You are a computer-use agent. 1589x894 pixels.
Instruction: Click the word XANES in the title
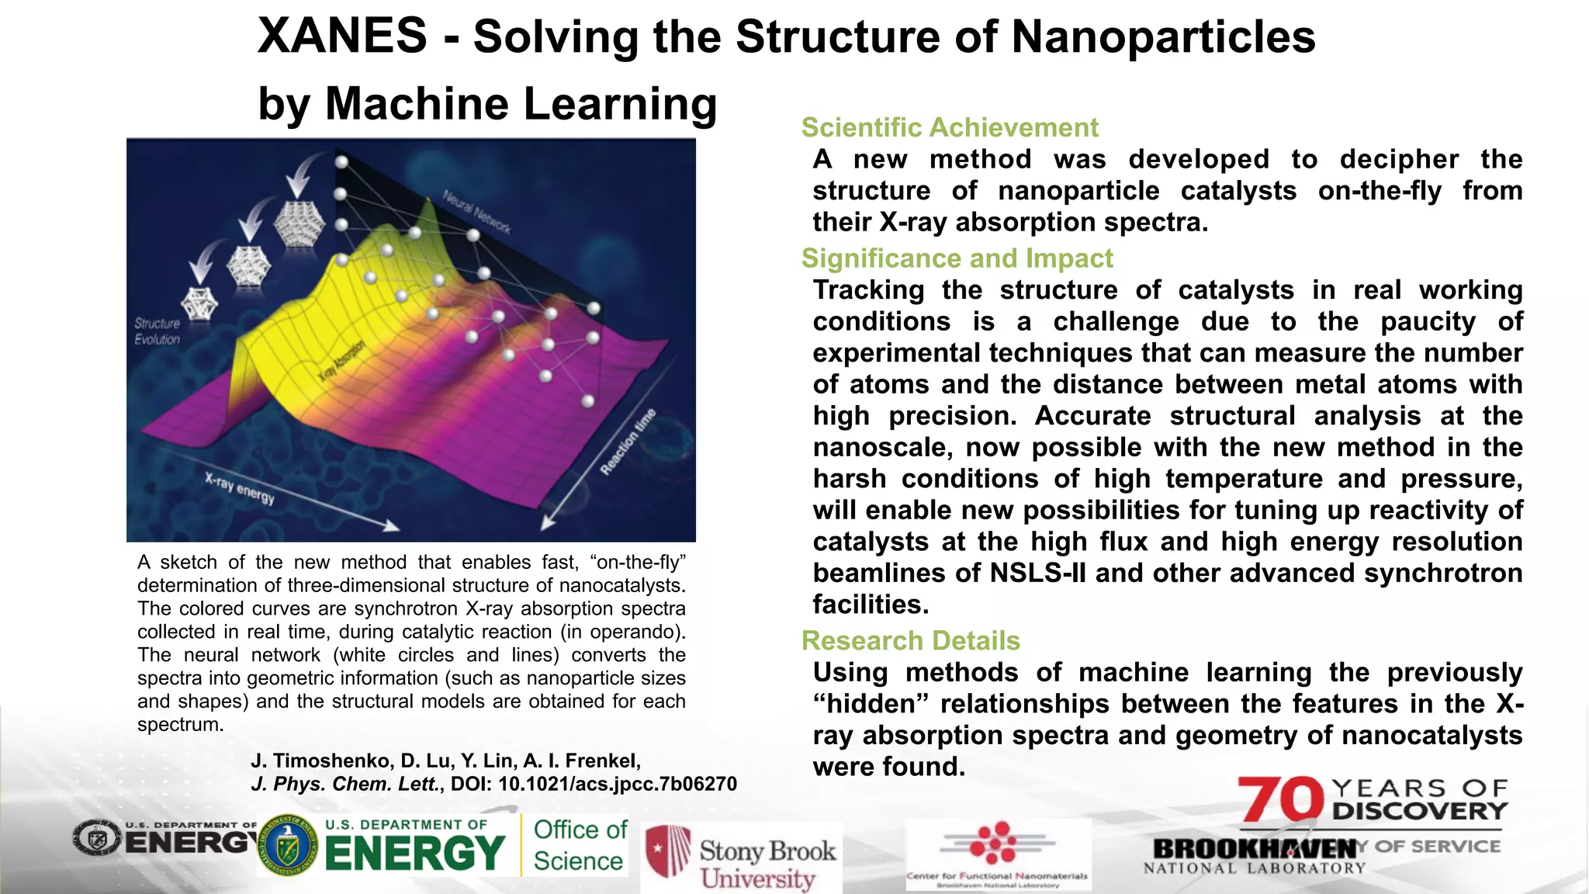[x=342, y=36]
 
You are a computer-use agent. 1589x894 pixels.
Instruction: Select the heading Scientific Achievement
[x=950, y=127]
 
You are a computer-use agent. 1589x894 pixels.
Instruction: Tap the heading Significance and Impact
[x=957, y=258]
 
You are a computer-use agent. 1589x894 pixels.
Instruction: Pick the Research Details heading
[x=910, y=640]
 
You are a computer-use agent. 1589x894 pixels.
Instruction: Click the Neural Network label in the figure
[x=476, y=211]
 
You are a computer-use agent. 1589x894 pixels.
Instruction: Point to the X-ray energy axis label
[x=240, y=487]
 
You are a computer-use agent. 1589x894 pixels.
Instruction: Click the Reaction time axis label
[x=628, y=442]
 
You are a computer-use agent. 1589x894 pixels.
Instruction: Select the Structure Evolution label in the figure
[x=157, y=331]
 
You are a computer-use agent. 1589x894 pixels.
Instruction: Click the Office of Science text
[x=580, y=845]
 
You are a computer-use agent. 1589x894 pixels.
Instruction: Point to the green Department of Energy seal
[x=287, y=845]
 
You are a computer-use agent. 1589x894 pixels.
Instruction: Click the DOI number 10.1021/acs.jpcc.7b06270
[x=617, y=784]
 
